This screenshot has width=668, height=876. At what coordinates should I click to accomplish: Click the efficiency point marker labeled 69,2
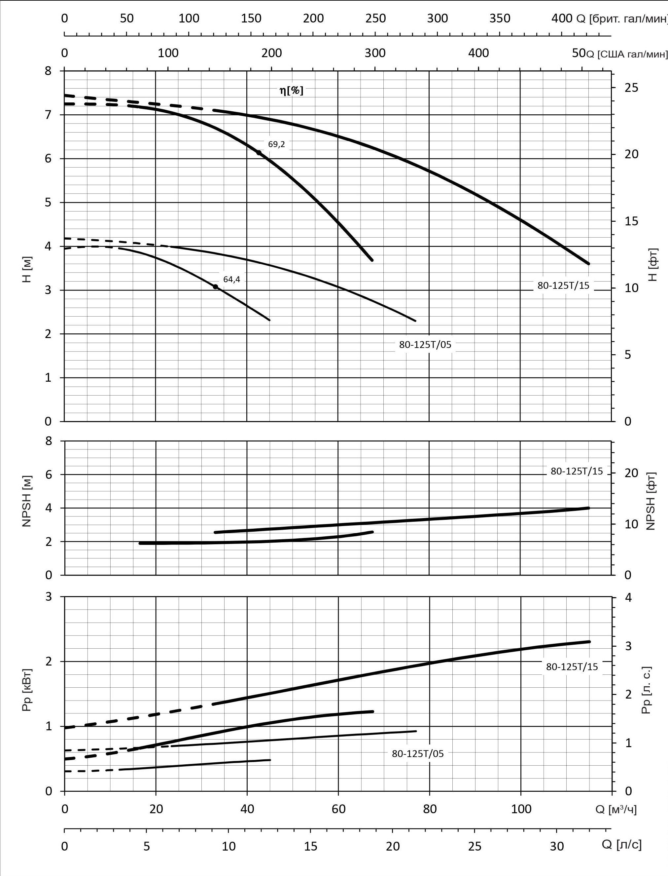coord(259,153)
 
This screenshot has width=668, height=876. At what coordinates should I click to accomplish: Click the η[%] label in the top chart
coord(291,91)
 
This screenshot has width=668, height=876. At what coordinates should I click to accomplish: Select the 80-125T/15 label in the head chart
coord(563,285)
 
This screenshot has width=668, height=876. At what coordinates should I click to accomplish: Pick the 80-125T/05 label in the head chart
coord(425,345)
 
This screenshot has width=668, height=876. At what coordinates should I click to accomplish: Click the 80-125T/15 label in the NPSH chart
coord(577,471)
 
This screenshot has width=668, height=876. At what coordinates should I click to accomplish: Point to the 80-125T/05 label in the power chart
coord(417,753)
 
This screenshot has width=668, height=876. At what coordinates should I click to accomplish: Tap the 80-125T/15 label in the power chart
coord(572,667)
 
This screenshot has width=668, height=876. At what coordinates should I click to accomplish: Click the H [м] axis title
coord(27,269)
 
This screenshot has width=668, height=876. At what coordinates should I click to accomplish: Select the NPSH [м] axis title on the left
coord(27,501)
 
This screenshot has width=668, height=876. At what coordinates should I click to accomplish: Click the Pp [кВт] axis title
coord(27,691)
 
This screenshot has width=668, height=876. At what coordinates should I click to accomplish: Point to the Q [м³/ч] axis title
coord(615,809)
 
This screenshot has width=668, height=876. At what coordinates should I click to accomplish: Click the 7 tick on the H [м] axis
coord(48,115)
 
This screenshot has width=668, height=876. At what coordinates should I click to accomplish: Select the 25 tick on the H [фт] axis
coord(631,88)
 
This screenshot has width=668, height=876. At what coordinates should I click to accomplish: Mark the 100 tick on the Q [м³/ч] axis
coord(521,809)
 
